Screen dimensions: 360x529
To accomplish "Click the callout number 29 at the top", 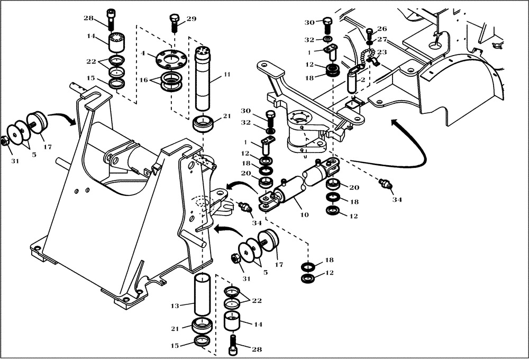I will click(191, 19).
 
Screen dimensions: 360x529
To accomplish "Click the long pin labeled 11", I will click(204, 79).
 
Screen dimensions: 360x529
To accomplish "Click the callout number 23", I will click(382, 52).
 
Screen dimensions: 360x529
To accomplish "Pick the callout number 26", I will click(382, 29).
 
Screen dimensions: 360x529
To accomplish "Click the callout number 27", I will click(382, 39).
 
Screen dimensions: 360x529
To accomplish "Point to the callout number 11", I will click(226, 75).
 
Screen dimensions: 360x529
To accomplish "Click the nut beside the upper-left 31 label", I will click(4, 141).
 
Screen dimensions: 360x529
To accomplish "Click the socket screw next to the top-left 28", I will click(111, 20).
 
